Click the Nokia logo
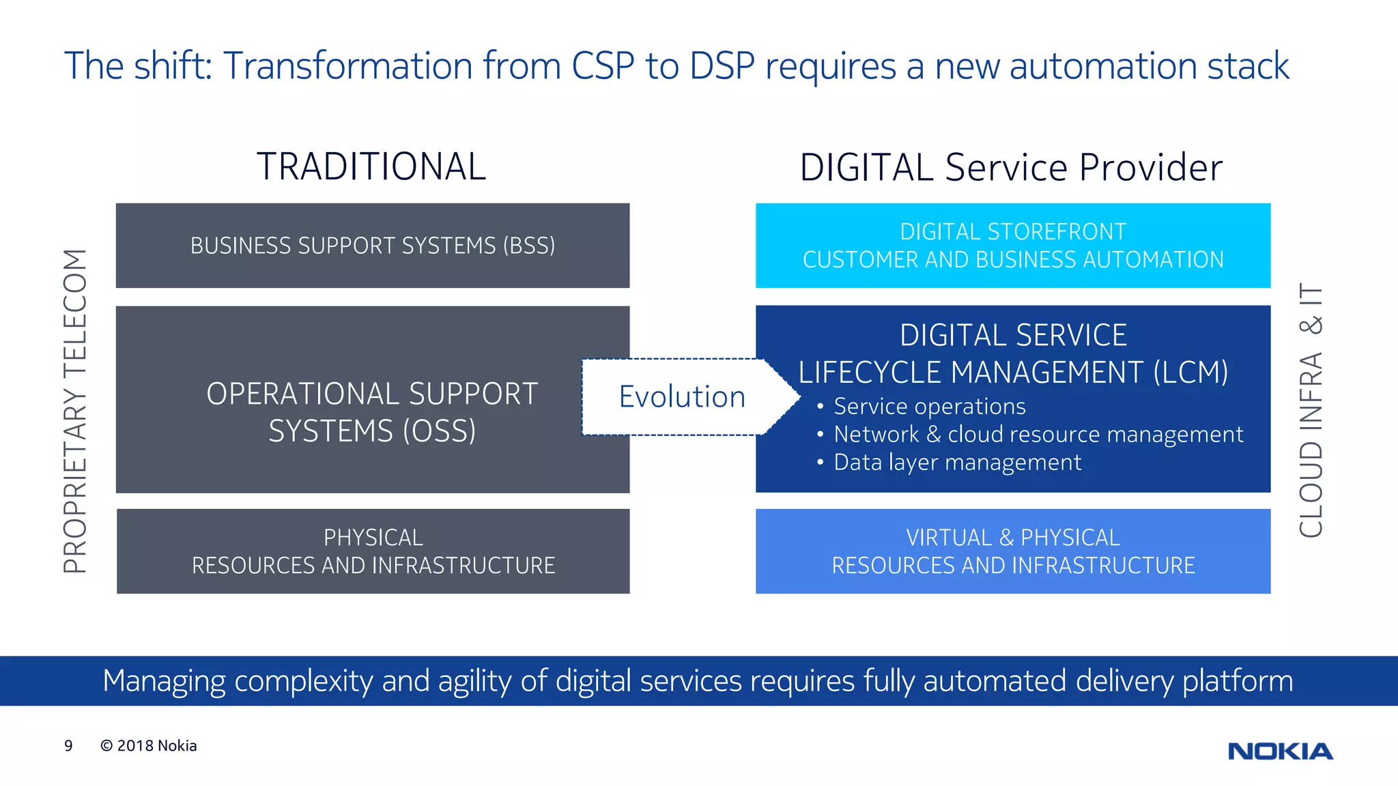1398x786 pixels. [x=1280, y=751]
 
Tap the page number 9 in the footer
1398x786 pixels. [x=68, y=746]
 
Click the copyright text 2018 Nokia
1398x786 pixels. [x=149, y=746]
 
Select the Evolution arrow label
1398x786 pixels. [x=682, y=397]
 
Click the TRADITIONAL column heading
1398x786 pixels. [x=371, y=166]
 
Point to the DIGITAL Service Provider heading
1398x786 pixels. [x=1011, y=168]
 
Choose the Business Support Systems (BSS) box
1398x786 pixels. [x=373, y=246]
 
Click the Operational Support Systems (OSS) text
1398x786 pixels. [x=373, y=412]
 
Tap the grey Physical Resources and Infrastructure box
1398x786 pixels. [x=373, y=551]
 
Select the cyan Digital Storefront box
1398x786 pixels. [x=1013, y=246]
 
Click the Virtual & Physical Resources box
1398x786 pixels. [x=1013, y=551]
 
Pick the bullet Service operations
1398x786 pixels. [x=929, y=407]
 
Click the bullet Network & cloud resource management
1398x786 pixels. [x=1038, y=435]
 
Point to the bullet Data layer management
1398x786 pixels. [x=957, y=463]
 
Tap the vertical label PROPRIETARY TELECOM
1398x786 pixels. [x=75, y=411]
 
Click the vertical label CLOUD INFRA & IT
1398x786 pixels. [x=1311, y=411]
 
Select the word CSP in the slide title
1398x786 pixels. [x=603, y=66]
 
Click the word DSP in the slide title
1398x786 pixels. [x=722, y=66]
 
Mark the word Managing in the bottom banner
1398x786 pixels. [x=164, y=681]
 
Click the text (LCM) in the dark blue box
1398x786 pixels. [x=1190, y=373]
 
